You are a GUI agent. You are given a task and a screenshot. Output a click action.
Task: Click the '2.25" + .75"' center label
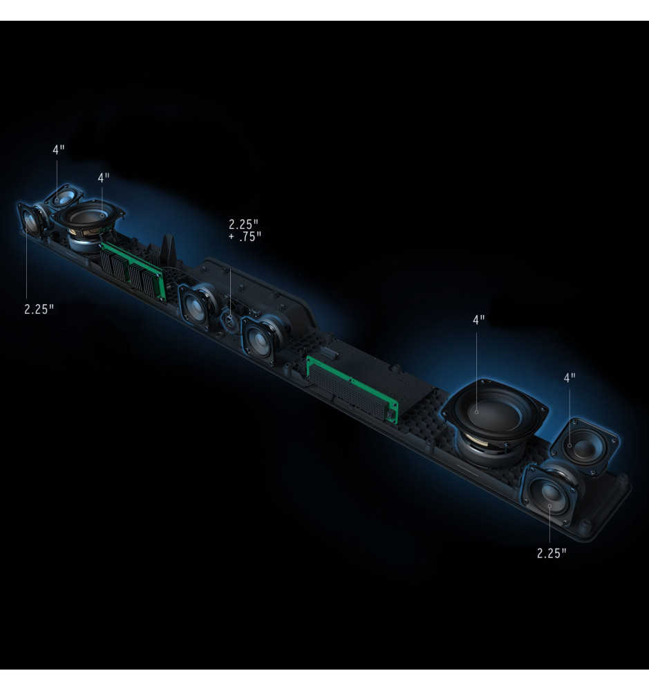point(245,231)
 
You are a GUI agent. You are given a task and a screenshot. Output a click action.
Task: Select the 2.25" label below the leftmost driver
point(39,309)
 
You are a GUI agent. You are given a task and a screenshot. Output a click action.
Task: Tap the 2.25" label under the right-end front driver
point(552,553)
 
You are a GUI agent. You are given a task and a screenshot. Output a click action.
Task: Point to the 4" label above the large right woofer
point(479,320)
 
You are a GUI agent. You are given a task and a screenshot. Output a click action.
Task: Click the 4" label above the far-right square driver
point(570,378)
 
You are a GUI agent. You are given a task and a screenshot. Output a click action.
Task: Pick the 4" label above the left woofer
point(104,178)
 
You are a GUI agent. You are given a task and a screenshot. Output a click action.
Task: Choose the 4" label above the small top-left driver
point(59,149)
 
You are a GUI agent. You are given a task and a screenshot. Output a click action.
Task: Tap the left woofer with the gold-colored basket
point(90,223)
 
